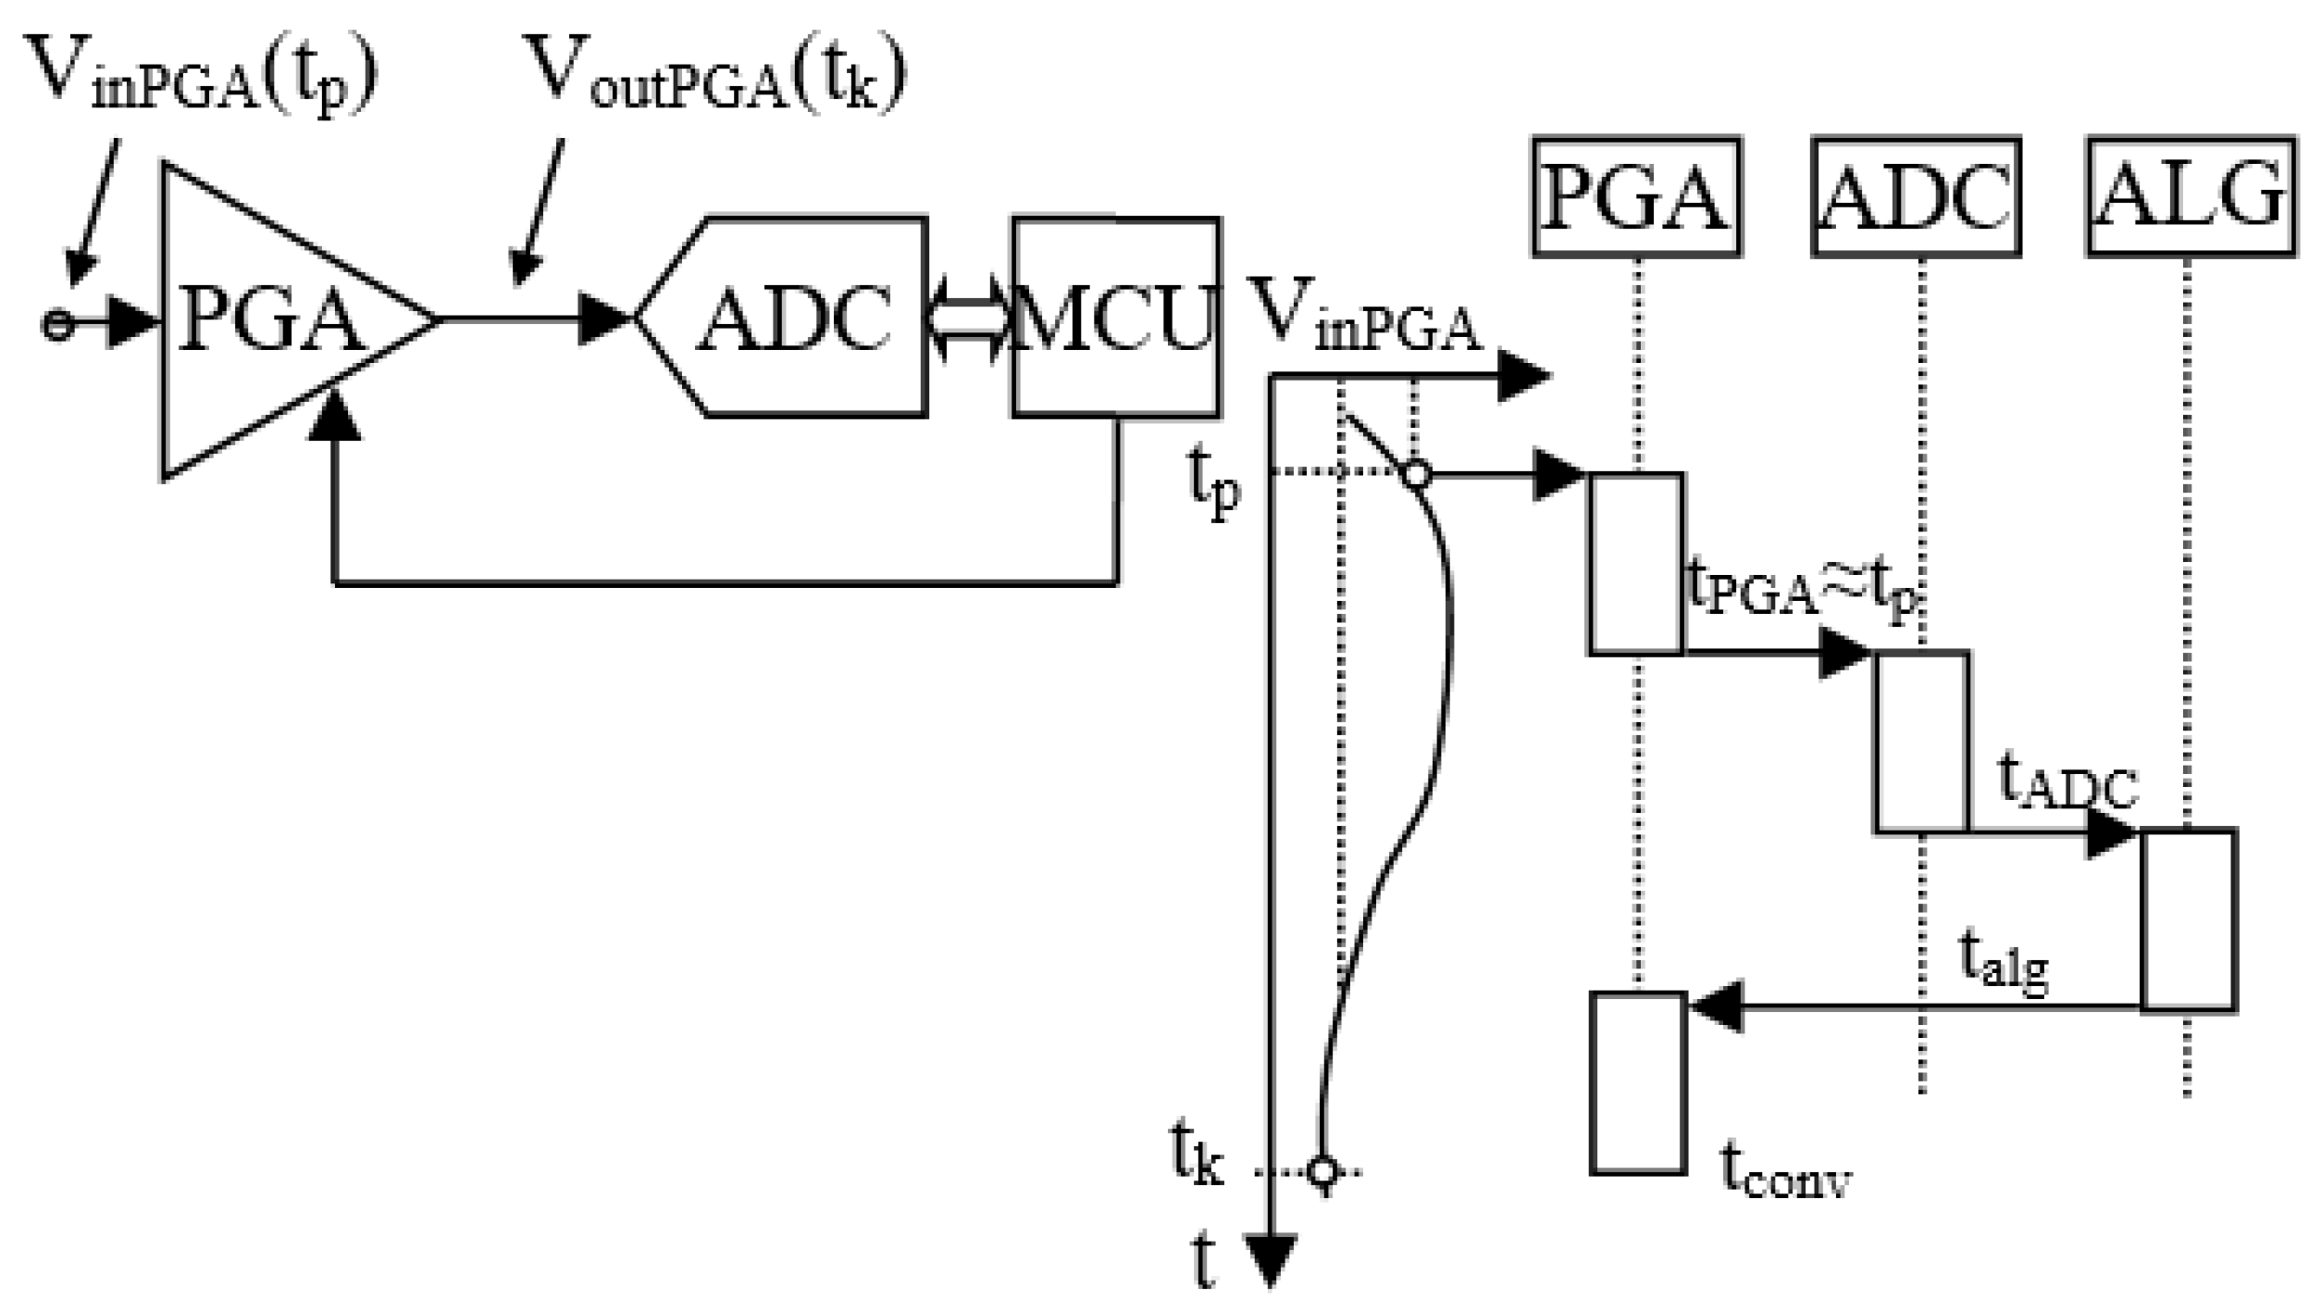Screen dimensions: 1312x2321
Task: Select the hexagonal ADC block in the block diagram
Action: click(x=791, y=318)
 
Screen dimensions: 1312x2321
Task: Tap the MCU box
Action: click(x=1115, y=318)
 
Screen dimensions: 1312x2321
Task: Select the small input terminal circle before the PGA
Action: click(x=57, y=324)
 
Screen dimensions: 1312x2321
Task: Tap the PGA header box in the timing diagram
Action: click(x=1636, y=196)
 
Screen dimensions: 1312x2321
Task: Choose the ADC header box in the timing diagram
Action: click(x=1916, y=196)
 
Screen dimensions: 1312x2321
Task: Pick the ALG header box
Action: click(x=2191, y=196)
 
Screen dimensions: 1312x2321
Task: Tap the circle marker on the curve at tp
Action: click(x=1417, y=474)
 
